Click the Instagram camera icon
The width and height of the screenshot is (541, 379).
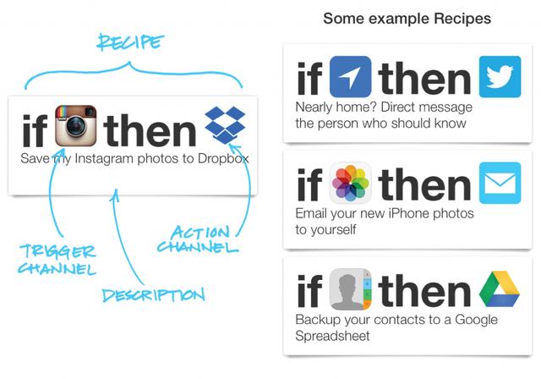pyautogui.click(x=75, y=126)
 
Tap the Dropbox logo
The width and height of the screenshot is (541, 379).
pyautogui.click(x=225, y=125)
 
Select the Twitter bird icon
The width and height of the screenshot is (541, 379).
pyautogui.click(x=500, y=77)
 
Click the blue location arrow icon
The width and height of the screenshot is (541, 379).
pyautogui.click(x=351, y=77)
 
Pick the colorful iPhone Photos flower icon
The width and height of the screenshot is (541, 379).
pyautogui.click(x=351, y=183)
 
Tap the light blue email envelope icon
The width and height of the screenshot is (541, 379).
pyautogui.click(x=500, y=183)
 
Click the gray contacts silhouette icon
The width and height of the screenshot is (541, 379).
pyautogui.click(x=351, y=289)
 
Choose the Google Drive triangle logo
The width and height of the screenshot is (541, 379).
pyautogui.click(x=500, y=289)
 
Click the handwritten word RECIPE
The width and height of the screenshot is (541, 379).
pyautogui.click(x=129, y=42)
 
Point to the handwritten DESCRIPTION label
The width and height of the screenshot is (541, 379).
pyautogui.click(x=154, y=295)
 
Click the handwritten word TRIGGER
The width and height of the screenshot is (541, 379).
pyautogui.click(x=57, y=251)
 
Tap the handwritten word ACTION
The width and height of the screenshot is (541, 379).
pyautogui.click(x=200, y=232)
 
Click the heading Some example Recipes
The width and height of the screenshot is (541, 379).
pyautogui.click(x=407, y=19)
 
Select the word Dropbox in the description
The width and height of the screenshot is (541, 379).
pyautogui.click(x=223, y=158)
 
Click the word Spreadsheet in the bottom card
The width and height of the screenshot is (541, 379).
pyautogui.click(x=332, y=336)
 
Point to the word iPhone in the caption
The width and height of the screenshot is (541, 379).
pyautogui.click(x=409, y=213)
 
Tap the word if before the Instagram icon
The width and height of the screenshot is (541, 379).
pyautogui.click(x=35, y=129)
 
